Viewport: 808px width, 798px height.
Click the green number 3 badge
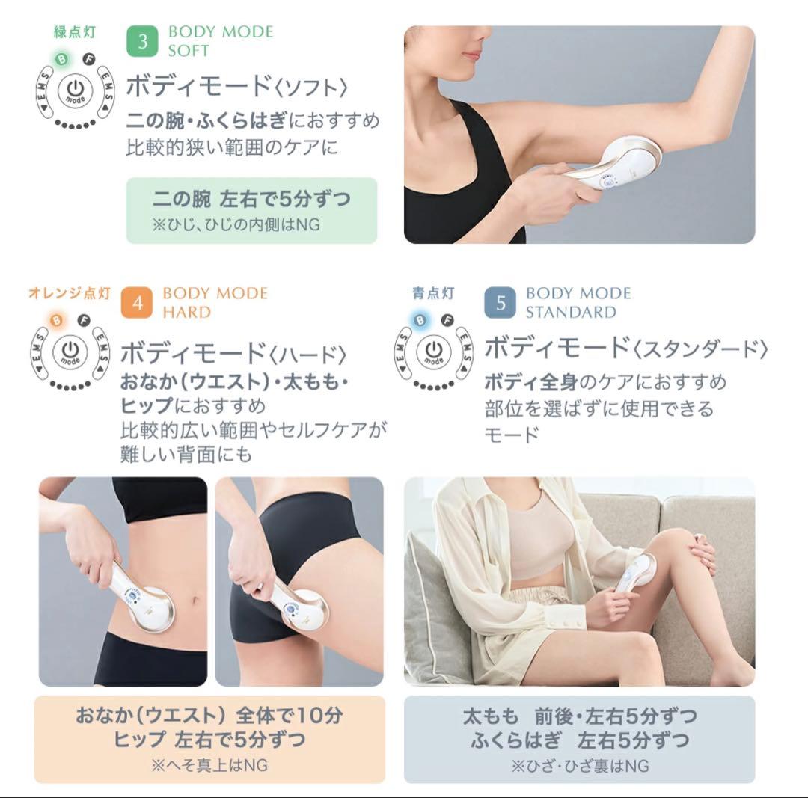click(142, 41)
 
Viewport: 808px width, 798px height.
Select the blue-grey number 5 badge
click(500, 303)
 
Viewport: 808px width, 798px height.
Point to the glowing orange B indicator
click(57, 321)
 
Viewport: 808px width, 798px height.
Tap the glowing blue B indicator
click(420, 321)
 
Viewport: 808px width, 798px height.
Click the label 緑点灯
click(74, 33)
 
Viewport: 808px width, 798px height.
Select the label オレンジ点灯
click(69, 293)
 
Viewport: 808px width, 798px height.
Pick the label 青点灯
click(433, 293)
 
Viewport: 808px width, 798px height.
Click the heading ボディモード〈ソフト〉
click(237, 87)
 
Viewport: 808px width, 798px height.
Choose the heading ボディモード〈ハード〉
click(233, 352)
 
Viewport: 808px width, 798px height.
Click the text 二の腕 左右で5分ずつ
click(251, 200)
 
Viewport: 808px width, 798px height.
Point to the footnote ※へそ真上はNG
click(209, 765)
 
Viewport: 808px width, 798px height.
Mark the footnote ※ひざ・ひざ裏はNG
click(580, 766)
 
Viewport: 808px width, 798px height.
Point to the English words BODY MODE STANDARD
click(578, 303)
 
